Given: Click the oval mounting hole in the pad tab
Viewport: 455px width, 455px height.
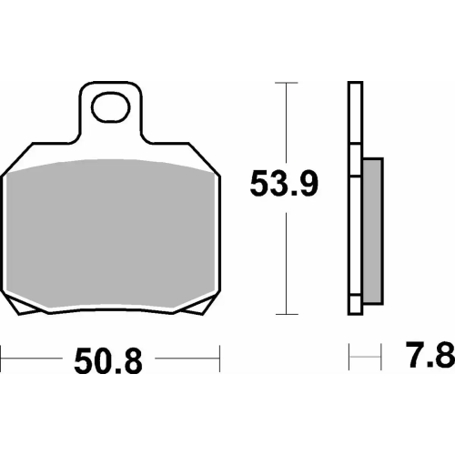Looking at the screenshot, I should click(112, 106).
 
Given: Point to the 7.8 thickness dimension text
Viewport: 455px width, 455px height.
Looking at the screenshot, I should click(430, 358).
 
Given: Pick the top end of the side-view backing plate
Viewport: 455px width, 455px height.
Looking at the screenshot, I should click(355, 86).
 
